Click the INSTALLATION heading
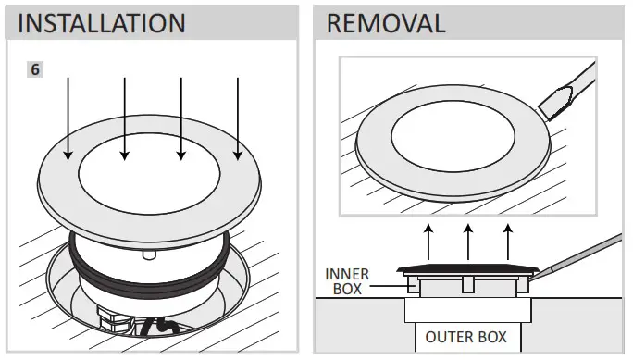[101, 23]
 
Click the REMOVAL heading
[386, 23]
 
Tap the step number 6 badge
[34, 69]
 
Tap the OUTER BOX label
[465, 336]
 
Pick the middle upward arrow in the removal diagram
[468, 242]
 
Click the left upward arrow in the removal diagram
[428, 242]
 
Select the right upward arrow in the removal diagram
[508, 242]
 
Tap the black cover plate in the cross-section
[467, 269]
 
